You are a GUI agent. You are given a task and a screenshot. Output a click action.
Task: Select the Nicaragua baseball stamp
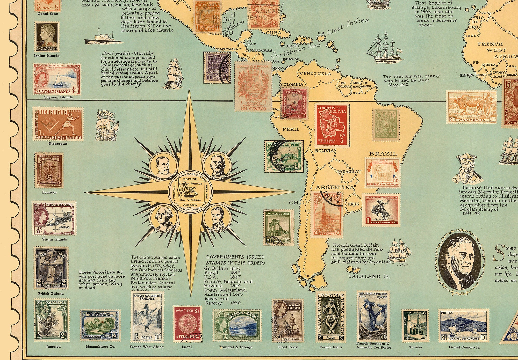click(x=57, y=124)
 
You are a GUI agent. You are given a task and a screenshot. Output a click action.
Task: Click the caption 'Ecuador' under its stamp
click(x=49, y=192)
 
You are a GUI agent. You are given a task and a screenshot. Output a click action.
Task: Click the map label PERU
click(x=290, y=129)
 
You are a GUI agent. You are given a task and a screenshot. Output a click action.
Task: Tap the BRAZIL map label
click(x=383, y=153)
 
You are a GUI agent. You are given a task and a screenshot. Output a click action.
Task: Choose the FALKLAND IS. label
click(x=369, y=276)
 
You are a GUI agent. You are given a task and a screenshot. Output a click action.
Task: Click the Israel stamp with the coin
click(x=187, y=324)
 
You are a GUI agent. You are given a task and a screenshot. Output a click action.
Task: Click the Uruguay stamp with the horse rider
click(x=381, y=210)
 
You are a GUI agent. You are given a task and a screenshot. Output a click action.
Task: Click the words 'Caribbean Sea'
click(x=296, y=50)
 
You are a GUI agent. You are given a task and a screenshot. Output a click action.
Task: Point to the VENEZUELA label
click(x=315, y=74)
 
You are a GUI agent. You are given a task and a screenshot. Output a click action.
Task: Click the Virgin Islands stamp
click(x=54, y=218)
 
